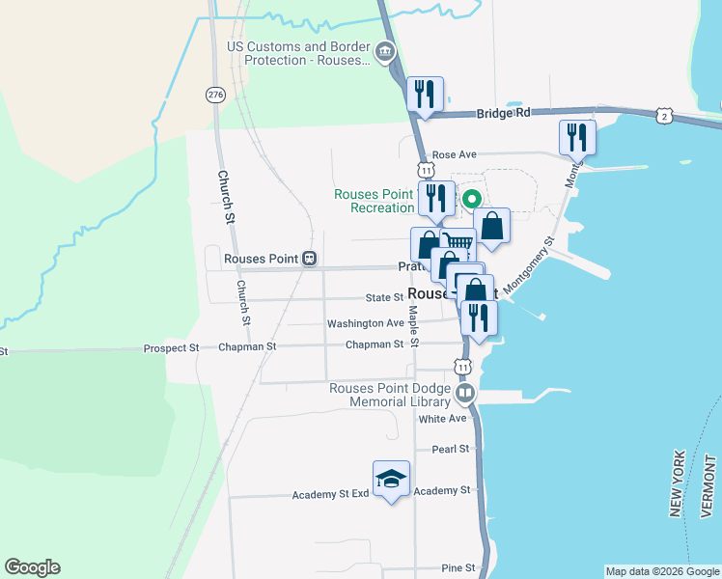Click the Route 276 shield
[x=215, y=95]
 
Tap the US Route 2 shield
[x=663, y=116]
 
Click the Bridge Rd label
[x=504, y=113]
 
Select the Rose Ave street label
[x=455, y=154]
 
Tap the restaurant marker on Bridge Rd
[x=425, y=95]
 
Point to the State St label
[x=384, y=298]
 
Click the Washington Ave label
[x=365, y=323]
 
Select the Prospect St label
[x=171, y=347]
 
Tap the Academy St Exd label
[x=331, y=495]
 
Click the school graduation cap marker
[x=391, y=479]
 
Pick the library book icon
[x=466, y=393]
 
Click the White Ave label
[x=442, y=419]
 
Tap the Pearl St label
[x=450, y=449]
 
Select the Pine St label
[x=458, y=568]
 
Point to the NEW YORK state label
[x=678, y=482]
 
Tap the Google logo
[x=32, y=567]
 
